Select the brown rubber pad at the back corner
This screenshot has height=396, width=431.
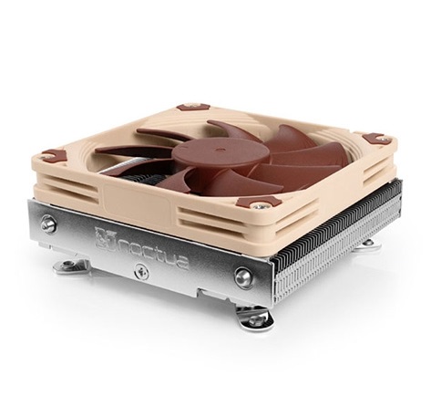pyautogui.click(x=193, y=107)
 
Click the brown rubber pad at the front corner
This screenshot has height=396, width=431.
pyautogui.click(x=251, y=203)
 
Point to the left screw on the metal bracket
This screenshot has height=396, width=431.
pyautogui.click(x=49, y=222)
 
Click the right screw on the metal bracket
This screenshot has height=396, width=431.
pyautogui.click(x=243, y=276)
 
